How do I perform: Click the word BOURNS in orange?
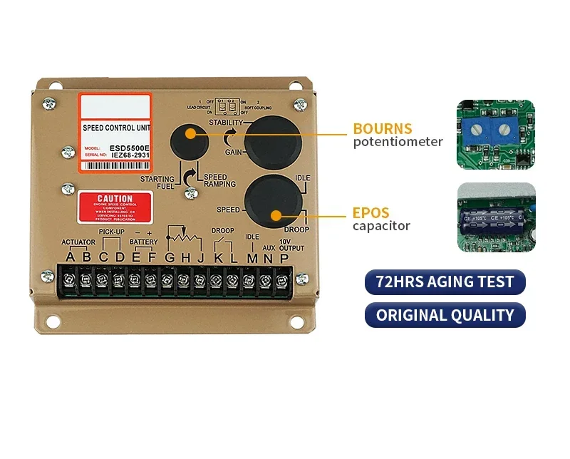click(383, 129)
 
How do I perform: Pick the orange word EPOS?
click(370, 212)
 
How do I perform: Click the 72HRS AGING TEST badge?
click(445, 282)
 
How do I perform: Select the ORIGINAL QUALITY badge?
click(445, 315)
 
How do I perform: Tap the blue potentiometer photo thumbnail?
click(495, 135)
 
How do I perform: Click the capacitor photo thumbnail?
click(495, 217)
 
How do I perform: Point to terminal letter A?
click(70, 257)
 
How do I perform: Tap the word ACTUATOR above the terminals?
click(78, 242)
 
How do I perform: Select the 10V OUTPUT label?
click(291, 244)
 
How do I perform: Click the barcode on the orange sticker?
click(113, 165)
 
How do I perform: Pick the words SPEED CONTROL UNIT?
click(115, 128)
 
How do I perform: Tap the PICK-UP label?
click(111, 232)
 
